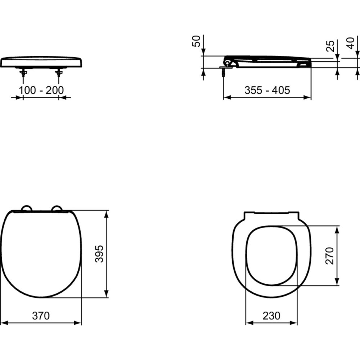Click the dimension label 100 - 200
pos(41,90)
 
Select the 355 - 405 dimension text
pos(267,90)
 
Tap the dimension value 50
pos(197,42)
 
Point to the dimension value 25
pos(330,46)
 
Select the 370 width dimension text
pos(41,316)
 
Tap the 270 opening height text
pos(330,256)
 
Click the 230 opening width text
pos(271,316)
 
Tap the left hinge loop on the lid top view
pos(26,208)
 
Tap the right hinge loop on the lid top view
pos(57,208)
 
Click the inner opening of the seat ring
pos(271,256)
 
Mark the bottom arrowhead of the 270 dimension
pos(337,281)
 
